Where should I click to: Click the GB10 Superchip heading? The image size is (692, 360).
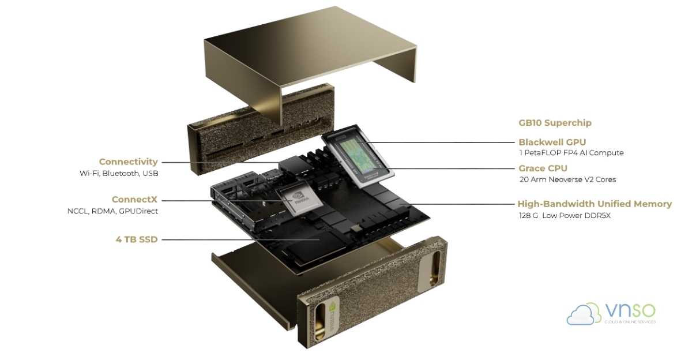click(555, 123)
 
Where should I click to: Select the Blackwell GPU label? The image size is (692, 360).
click(552, 142)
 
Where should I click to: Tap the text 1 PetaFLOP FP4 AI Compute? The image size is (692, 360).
click(571, 153)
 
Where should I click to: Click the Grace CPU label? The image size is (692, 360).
click(543, 168)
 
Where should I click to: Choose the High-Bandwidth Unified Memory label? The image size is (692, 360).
click(594, 204)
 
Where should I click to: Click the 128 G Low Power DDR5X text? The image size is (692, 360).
click(564, 215)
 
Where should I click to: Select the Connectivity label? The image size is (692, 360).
click(128, 162)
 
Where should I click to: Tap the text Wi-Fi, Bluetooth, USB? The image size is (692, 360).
click(119, 173)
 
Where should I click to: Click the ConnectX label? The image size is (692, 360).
click(134, 200)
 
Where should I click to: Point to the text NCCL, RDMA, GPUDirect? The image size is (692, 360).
click(113, 211)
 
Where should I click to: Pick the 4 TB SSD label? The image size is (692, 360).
click(137, 239)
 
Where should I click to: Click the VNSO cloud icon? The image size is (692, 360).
click(584, 314)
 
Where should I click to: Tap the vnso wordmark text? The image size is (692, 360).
click(630, 311)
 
